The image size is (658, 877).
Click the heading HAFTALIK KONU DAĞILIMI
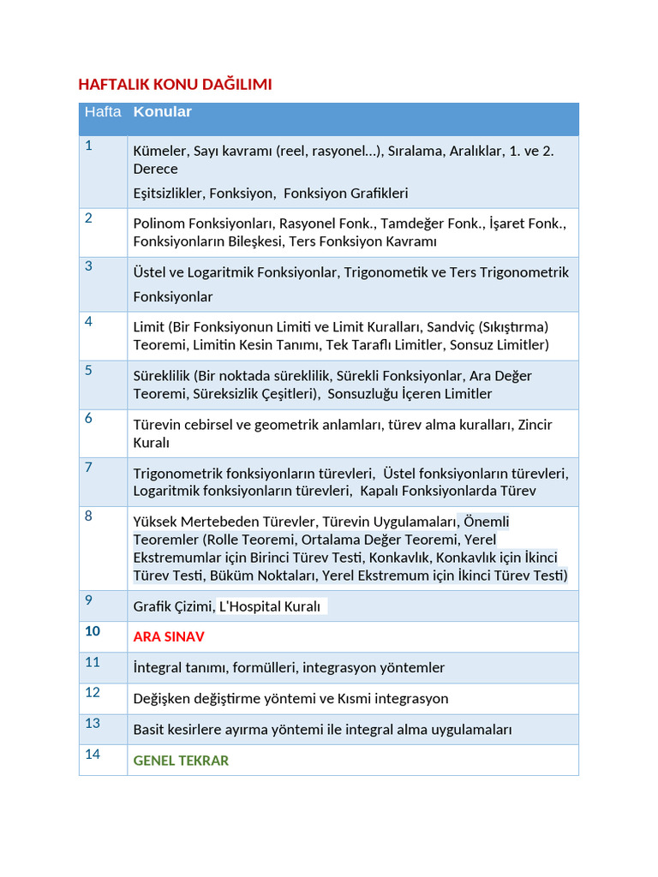click(175, 84)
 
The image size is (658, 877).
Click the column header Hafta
click(103, 112)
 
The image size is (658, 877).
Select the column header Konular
click(163, 112)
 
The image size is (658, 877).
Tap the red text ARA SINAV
click(169, 637)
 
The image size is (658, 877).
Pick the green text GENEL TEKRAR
click(181, 761)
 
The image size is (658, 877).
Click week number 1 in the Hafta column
click(88, 146)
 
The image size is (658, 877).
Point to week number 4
click(88, 322)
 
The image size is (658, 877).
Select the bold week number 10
click(93, 631)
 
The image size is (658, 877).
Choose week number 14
click(93, 755)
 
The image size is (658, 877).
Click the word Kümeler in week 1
click(160, 152)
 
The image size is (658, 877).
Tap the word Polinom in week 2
click(159, 224)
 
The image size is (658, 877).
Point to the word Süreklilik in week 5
click(161, 376)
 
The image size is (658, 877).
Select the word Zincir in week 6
click(535, 425)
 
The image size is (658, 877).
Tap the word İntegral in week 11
click(159, 668)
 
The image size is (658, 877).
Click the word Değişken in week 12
click(162, 699)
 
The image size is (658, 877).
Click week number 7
click(88, 468)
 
